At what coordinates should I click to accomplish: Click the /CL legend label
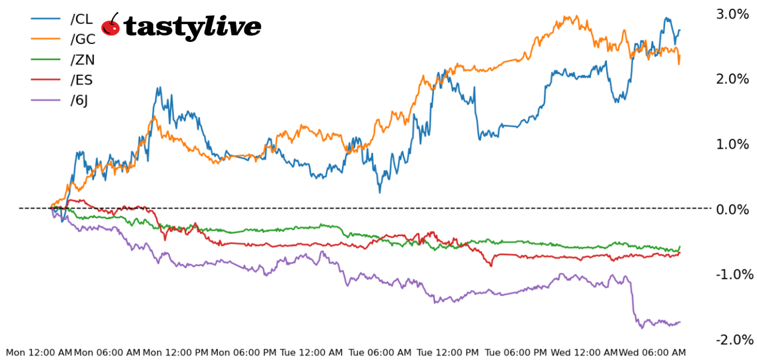81,19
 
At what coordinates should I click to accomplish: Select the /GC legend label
83,39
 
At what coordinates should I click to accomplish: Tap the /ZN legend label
83,60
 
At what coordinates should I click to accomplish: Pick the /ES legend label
81,81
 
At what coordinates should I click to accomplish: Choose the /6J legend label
79,101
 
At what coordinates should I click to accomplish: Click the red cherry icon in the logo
111,25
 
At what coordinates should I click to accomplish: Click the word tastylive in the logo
193,27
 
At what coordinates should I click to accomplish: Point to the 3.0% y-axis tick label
733,14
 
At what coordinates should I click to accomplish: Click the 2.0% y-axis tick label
733,79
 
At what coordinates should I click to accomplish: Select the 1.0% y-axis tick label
733,145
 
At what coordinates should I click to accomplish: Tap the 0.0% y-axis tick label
733,209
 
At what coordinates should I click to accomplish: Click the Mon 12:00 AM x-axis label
39,352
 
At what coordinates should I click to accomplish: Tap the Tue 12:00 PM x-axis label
448,352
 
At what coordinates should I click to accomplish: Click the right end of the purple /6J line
680,322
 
